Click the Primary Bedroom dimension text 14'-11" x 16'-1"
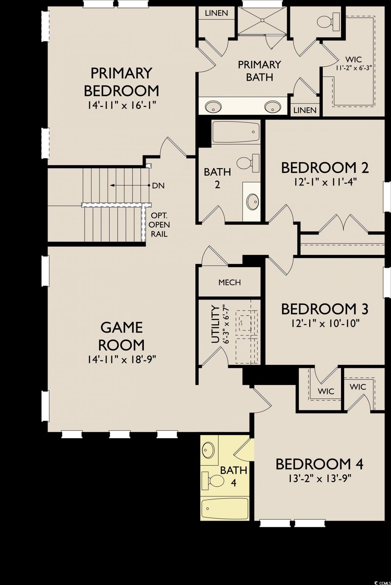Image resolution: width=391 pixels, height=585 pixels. click(x=122, y=106)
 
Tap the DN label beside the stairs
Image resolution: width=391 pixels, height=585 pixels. click(x=158, y=185)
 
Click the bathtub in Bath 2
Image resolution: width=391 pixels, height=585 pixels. click(x=236, y=132)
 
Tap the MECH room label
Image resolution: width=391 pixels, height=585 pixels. click(x=229, y=282)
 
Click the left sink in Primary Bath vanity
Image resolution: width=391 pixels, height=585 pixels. click(x=213, y=107)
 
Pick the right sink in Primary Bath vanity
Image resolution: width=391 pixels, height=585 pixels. click(x=272, y=107)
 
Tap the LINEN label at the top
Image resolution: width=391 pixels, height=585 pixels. click(x=216, y=13)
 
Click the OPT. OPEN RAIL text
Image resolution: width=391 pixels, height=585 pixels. click(x=159, y=224)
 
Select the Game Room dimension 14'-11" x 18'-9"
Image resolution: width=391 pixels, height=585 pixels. click(x=122, y=360)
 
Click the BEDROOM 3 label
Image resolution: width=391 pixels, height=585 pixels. click(x=324, y=309)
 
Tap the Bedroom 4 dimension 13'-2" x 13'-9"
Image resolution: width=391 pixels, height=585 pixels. click(x=319, y=479)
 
